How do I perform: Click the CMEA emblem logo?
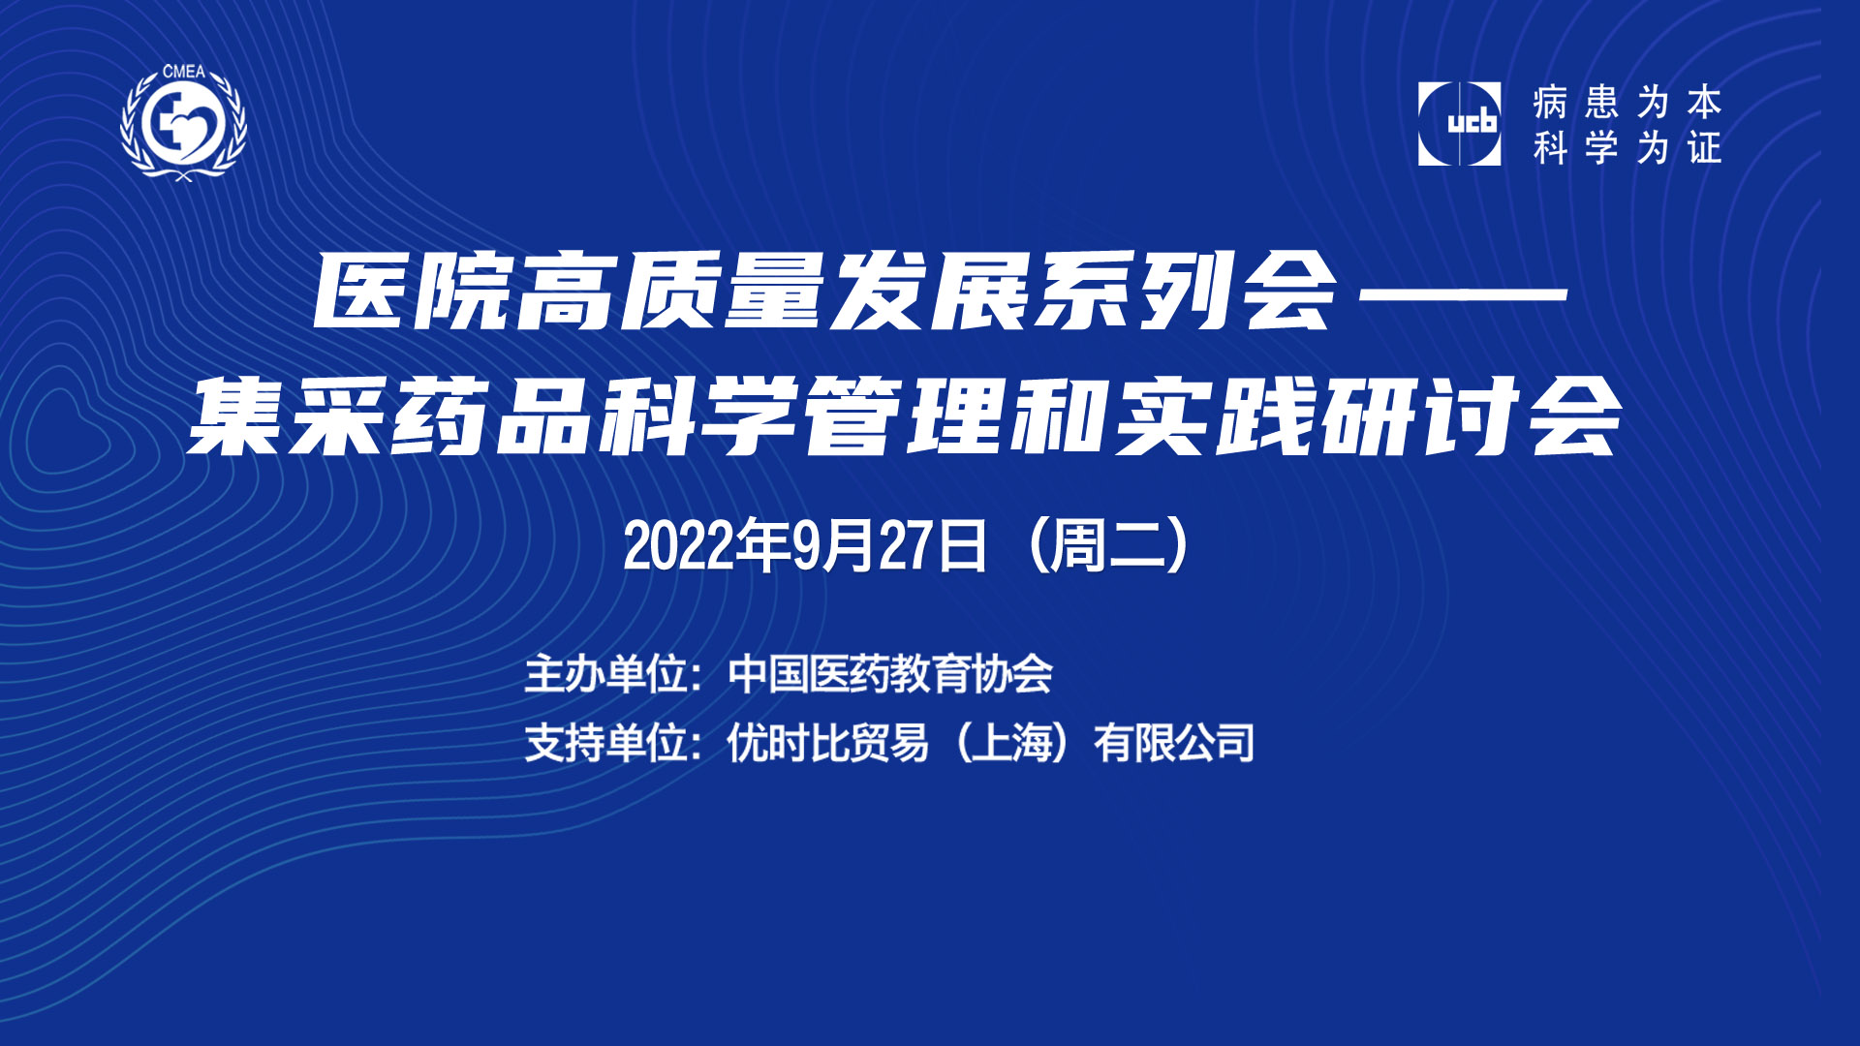pos(183,122)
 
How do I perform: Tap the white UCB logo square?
pos(1459,124)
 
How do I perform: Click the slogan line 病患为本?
pos(1627,102)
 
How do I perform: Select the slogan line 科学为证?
pos(1627,148)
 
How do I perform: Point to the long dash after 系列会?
pos(1464,291)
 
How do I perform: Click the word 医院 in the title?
pos(413,291)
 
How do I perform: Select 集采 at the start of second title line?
pos(286,416)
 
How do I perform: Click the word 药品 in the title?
pos(491,416)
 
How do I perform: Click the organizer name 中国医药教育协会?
pos(890,674)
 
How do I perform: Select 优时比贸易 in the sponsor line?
pos(828,743)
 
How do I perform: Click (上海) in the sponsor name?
pos(1011,743)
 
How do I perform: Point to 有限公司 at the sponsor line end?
pos(1174,743)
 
